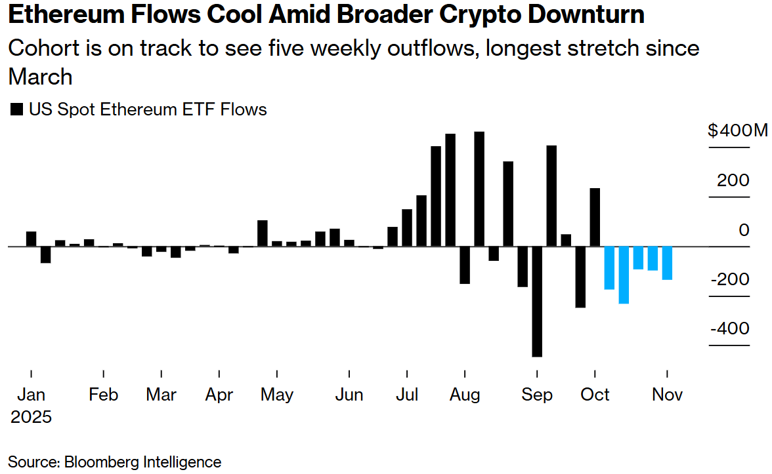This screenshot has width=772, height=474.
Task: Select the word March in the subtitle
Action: [40, 77]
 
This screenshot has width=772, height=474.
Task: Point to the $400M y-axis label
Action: [737, 130]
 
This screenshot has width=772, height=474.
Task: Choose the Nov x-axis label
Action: [668, 395]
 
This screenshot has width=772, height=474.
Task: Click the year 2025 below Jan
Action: [31, 417]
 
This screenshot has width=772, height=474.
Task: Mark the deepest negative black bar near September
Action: [537, 302]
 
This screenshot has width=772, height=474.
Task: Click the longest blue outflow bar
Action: [624, 275]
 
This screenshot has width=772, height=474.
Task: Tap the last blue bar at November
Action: [667, 264]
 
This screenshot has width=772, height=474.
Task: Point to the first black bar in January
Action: [31, 239]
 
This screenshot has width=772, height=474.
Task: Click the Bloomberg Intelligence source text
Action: [142, 462]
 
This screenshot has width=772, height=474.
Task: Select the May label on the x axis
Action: [276, 395]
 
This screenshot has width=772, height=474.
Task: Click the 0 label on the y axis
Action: [744, 230]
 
